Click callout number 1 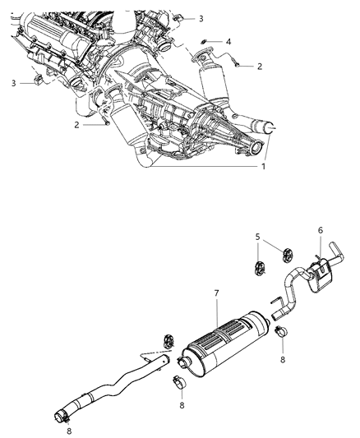[x=264, y=166]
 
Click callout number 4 [x=229, y=41]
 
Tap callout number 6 [x=320, y=232]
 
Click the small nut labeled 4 [x=205, y=41]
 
